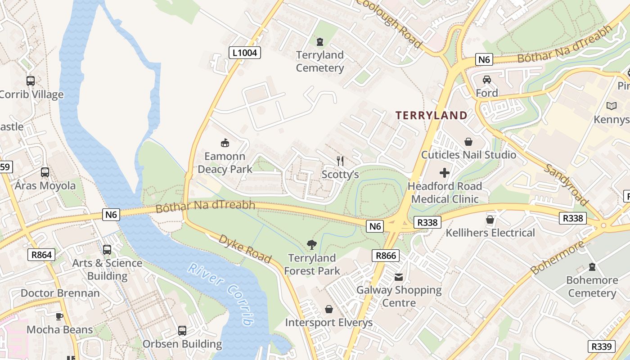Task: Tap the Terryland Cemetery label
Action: point(319,62)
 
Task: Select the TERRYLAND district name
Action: point(432,115)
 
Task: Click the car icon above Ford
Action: point(487,80)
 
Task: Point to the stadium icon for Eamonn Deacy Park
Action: point(225,143)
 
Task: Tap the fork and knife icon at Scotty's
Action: point(341,161)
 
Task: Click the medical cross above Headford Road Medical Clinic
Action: point(445,173)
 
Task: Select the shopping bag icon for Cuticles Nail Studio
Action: point(468,142)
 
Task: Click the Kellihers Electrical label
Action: point(490,233)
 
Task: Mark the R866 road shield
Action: point(386,256)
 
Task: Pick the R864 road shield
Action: point(41,255)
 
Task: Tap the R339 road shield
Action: point(601,346)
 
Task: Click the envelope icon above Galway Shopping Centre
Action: point(399,277)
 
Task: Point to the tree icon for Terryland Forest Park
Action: point(311,245)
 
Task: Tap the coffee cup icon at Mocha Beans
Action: point(59,316)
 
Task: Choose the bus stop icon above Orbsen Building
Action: point(182,331)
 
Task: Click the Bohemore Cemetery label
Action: point(592,287)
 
